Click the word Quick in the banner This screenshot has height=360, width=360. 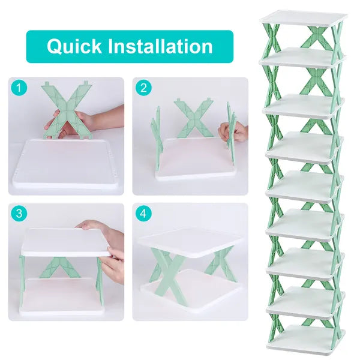click(x=73, y=46)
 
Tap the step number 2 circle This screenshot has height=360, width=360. click(x=144, y=88)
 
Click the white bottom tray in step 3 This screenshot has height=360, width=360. click(x=66, y=303)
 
